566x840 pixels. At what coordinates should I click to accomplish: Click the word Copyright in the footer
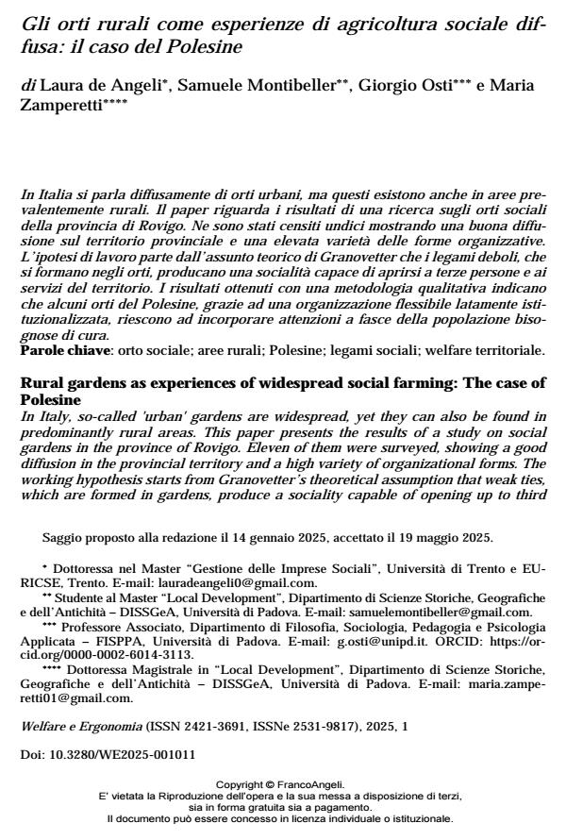point(240,783)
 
